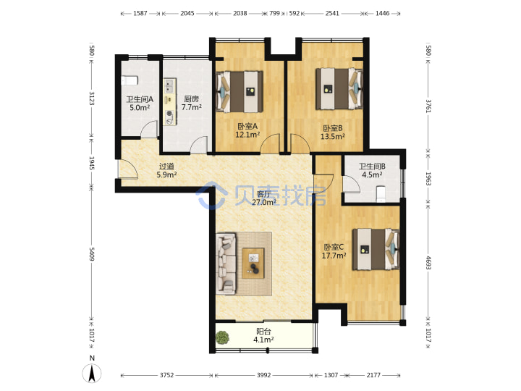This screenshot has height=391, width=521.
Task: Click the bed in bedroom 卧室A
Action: (x=240, y=91)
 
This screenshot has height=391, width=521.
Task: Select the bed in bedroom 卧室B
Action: (x=339, y=89)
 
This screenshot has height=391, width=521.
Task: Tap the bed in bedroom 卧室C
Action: (x=376, y=249)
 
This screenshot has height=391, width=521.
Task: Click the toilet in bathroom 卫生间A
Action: (x=130, y=81)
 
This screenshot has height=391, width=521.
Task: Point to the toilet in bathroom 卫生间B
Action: (x=380, y=194)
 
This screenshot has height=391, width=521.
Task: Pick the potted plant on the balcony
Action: (x=222, y=338)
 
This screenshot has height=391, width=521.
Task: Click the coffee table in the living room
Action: (x=253, y=263)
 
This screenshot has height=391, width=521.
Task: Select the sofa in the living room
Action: (x=226, y=264)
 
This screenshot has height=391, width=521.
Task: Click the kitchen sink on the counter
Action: (x=169, y=85)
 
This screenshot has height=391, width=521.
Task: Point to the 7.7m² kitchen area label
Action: (x=192, y=107)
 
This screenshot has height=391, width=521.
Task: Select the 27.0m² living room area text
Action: (x=264, y=202)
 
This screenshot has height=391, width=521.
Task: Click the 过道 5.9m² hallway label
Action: (x=166, y=170)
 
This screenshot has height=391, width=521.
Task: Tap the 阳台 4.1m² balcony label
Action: (x=263, y=335)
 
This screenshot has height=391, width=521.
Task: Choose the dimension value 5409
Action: (x=92, y=254)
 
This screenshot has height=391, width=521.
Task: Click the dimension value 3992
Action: (x=264, y=375)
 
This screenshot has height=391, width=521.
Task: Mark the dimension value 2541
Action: (x=332, y=13)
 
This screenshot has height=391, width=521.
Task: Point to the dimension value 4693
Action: (x=428, y=263)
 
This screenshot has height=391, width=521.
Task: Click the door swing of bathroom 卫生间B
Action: (x=351, y=184)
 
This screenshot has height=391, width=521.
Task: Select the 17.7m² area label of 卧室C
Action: (x=334, y=256)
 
